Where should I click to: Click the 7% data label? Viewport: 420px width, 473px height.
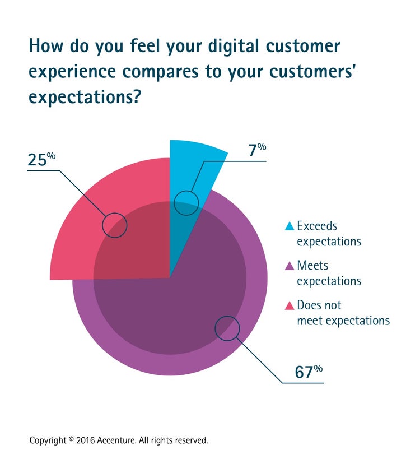(256, 151)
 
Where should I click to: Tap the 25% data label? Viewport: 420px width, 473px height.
(41, 160)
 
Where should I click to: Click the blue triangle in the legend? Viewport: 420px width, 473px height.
(290, 226)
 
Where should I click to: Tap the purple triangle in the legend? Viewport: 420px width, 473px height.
(290, 266)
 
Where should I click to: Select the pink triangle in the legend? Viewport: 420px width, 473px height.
(290, 305)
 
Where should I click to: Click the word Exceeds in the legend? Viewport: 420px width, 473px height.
(318, 226)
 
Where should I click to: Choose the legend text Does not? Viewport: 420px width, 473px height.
(319, 305)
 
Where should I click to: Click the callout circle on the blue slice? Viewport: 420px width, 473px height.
(186, 202)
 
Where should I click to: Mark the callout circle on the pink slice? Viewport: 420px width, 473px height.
(115, 225)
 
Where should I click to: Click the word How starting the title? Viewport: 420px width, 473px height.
(46, 46)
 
